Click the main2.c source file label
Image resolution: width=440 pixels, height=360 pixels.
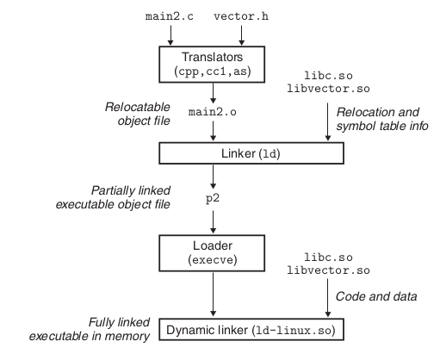point(170,16)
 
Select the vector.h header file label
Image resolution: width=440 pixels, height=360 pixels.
point(241,16)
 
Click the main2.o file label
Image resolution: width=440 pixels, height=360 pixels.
point(213,112)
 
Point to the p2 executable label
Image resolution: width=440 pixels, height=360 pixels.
point(213,199)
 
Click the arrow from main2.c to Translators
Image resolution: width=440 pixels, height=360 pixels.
point(170,35)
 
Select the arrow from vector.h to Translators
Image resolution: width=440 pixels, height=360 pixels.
point(242,35)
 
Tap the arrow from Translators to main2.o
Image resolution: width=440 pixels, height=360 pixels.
point(213,93)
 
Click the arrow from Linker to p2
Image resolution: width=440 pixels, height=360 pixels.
point(213,177)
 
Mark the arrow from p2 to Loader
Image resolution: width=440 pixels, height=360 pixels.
point(213,222)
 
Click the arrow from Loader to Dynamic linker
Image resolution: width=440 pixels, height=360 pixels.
point(213,295)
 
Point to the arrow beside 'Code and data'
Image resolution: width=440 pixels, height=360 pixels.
point(328,298)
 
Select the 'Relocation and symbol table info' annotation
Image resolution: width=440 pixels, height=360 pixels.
point(382,119)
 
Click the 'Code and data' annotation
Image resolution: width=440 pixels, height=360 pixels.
point(376,296)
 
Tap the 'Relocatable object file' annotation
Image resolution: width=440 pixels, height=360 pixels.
point(138,114)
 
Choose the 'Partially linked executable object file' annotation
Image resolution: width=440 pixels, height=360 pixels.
point(113,197)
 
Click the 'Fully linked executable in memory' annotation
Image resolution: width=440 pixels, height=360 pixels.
point(90,329)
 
